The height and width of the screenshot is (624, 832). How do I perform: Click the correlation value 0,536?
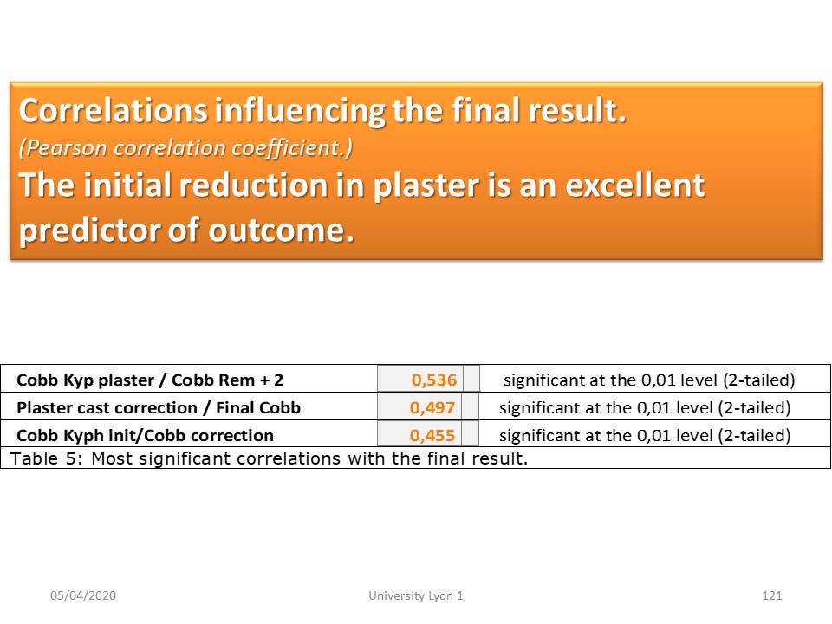433,380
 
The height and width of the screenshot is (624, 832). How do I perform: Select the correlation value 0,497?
432,407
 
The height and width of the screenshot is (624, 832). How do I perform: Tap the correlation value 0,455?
432,435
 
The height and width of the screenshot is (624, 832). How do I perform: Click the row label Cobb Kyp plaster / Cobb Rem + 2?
150,380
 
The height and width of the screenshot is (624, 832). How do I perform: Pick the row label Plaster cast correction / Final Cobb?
159,407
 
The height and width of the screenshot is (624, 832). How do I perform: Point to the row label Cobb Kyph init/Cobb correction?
146,435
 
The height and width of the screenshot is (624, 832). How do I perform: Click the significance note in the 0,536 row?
649,380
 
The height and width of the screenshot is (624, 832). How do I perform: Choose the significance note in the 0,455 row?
645,435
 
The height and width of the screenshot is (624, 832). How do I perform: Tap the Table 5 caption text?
269,458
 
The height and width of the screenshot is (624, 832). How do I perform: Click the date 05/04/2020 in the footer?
83,595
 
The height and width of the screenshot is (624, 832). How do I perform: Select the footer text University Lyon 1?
416,595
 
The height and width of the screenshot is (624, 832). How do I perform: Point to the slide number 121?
772,595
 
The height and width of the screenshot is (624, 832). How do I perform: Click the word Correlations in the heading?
114,110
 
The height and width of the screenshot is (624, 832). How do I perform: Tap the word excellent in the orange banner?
635,185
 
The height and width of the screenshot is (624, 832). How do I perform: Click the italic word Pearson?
63,148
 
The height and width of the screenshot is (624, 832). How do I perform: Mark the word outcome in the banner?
281,231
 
